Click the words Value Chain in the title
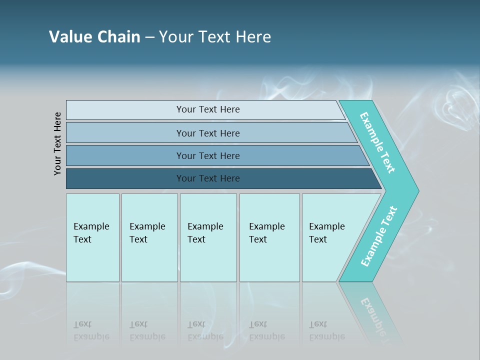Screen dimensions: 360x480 click(x=94, y=36)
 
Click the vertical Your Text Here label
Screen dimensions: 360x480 click(x=57, y=143)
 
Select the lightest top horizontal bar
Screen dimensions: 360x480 click(x=125, y=110)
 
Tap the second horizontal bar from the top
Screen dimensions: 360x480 click(x=125, y=133)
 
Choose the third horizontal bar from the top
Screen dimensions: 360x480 click(x=125, y=155)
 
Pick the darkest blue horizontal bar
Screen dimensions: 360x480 click(x=125, y=178)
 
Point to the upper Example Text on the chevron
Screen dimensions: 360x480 click(x=377, y=142)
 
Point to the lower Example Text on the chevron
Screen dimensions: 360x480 click(x=378, y=236)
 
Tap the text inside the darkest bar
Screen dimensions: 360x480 click(x=208, y=178)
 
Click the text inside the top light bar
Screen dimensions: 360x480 click(x=208, y=109)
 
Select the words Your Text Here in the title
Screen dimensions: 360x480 click(x=214, y=36)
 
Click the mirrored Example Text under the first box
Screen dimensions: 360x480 click(x=91, y=330)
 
